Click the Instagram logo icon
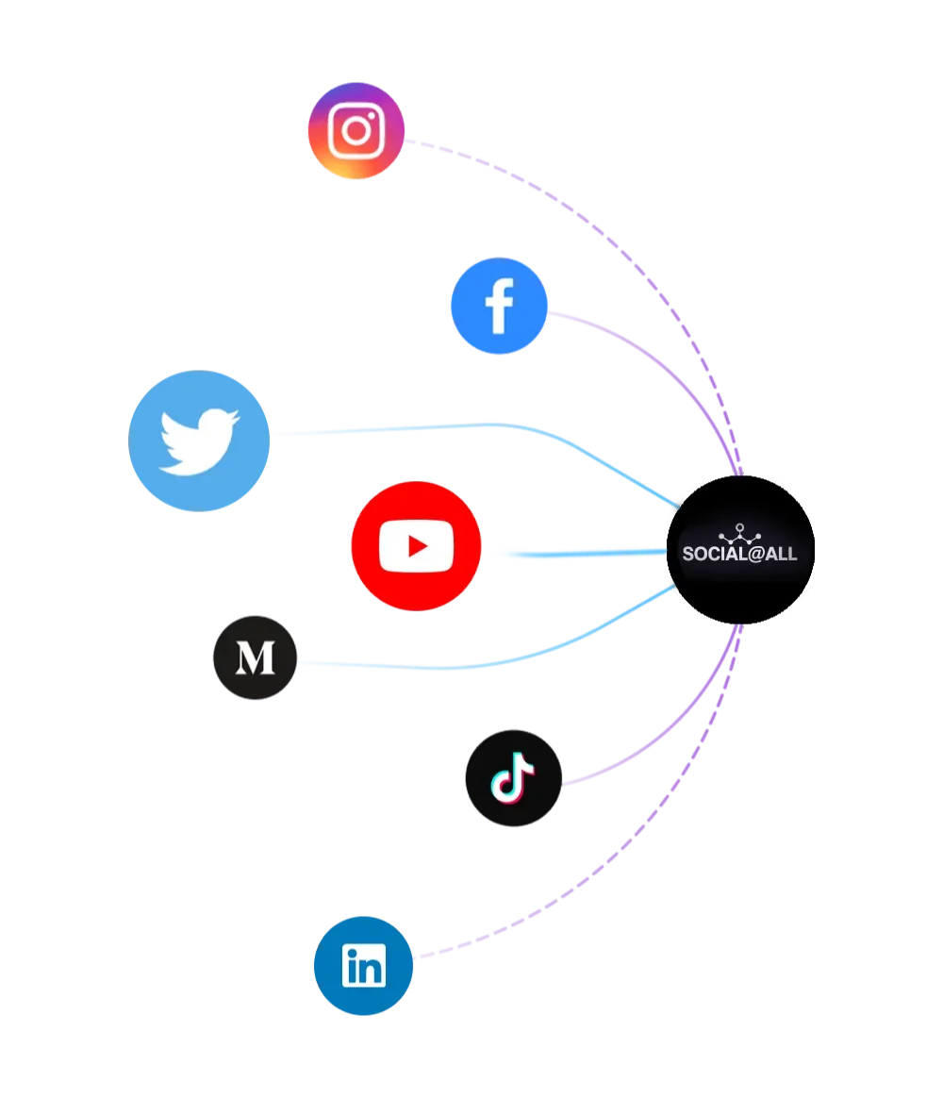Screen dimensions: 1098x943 (356, 130)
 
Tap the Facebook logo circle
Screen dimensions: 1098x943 (499, 306)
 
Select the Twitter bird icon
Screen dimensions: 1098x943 (200, 441)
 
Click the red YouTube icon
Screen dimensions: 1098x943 (416, 546)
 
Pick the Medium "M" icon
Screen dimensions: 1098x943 (256, 657)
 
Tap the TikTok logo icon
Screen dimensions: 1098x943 (513, 778)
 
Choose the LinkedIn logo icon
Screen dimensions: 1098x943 (363, 965)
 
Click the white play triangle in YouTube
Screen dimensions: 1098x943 (417, 546)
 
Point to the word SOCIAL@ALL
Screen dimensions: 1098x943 (739, 554)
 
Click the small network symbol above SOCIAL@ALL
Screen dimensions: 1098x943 (739, 531)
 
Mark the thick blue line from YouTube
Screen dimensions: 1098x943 (575, 554)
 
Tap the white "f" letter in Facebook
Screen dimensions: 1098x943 (499, 307)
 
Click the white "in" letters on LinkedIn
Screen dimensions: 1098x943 (364, 967)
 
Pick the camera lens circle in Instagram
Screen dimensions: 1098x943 (356, 130)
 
